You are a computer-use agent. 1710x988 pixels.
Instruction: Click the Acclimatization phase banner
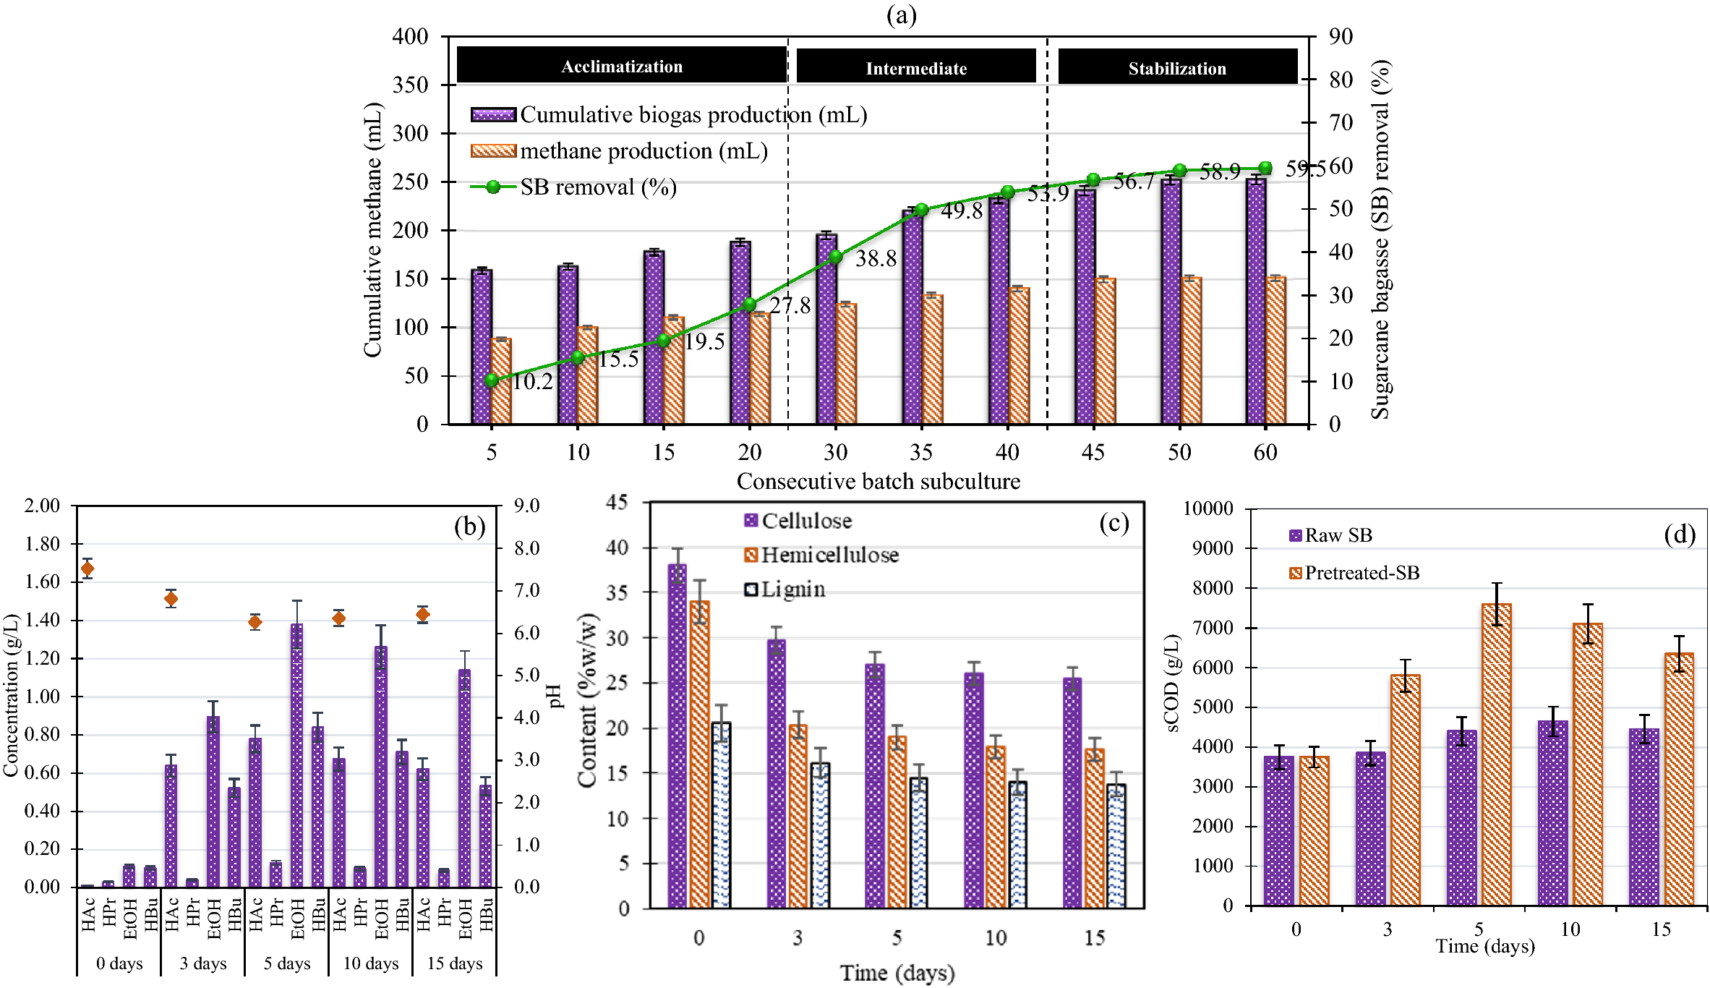[x=621, y=66]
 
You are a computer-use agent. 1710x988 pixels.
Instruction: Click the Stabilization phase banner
[x=1177, y=67]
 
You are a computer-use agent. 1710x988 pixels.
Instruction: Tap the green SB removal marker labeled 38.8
[x=835, y=257]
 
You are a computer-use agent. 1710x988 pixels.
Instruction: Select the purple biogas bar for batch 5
[x=482, y=347]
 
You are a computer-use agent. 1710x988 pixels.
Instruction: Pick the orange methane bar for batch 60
[x=1276, y=351]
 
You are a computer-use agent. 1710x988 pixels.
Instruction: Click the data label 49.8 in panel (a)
[x=962, y=211]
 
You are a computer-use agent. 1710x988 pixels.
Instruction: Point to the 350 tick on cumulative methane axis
[x=411, y=85]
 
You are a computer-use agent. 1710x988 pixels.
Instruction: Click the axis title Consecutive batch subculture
[x=878, y=481]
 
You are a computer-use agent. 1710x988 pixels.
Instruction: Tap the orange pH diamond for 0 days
[x=87, y=569]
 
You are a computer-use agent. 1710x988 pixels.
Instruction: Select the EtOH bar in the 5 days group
[x=296, y=756]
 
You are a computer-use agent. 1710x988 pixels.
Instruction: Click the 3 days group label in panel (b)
[x=203, y=963]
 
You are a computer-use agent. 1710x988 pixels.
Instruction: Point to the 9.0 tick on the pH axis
[x=527, y=506]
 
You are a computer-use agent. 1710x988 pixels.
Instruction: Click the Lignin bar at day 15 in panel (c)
[x=1116, y=846]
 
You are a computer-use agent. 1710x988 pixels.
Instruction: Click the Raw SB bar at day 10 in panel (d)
[x=1552, y=813]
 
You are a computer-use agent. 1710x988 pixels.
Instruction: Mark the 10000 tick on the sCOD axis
[x=1208, y=508]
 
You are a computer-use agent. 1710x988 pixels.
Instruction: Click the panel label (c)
[x=1113, y=523]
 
